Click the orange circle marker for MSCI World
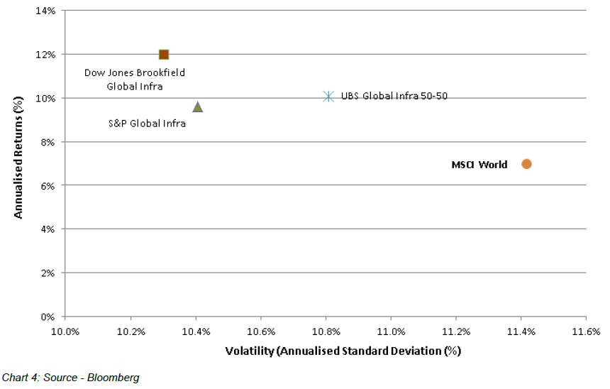point(526,164)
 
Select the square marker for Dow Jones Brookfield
point(164,55)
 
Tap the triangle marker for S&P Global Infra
point(198,106)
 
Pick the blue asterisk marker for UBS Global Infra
point(328,96)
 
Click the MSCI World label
point(479,165)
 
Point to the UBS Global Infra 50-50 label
point(394,96)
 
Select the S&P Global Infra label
point(147,124)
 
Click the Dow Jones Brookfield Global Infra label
point(135,80)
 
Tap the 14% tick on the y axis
point(46,11)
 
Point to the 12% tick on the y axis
point(46,55)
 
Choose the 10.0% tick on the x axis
point(66,332)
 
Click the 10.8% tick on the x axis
point(326,332)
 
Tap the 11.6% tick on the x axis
point(586,332)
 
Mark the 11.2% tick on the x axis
point(456,332)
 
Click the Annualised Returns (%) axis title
point(19,163)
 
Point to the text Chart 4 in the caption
point(20,378)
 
